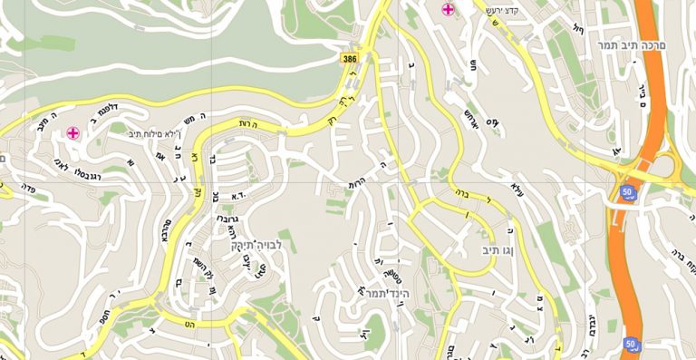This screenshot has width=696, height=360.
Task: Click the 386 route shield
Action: point(350,59)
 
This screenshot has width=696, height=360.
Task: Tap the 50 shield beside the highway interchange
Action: point(627,191)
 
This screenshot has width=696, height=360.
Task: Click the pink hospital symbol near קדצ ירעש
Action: point(448,11)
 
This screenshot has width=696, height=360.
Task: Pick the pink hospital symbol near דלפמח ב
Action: point(72,133)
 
